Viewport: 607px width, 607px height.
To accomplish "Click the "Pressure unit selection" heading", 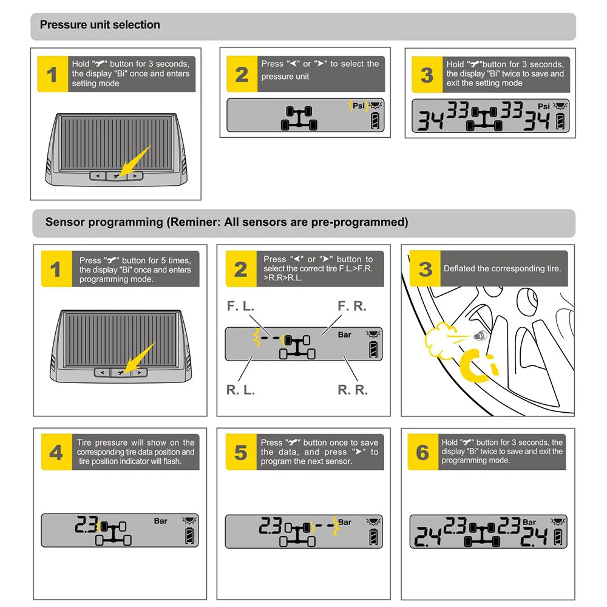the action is (100, 25).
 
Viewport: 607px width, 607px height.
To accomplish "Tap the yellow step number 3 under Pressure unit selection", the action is (427, 75).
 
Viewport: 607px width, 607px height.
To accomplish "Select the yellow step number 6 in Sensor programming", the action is (422, 452).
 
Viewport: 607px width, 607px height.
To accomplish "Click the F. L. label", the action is (240, 306).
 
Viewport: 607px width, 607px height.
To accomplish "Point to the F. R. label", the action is (352, 306).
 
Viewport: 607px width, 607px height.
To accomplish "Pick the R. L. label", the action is (240, 390).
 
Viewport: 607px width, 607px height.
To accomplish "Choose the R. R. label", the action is (353, 390).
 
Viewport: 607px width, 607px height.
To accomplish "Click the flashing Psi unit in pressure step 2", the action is (359, 106).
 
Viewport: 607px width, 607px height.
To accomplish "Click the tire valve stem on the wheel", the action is (480, 336).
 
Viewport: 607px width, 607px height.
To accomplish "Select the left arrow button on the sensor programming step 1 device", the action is (103, 373).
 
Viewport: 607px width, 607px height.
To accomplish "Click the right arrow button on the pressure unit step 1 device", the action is (135, 176).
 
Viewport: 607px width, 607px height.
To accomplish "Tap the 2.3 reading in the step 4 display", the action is (86, 524).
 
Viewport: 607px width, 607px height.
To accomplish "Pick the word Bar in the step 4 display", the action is (161, 521).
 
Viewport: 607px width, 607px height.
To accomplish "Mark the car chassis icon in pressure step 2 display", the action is (299, 118).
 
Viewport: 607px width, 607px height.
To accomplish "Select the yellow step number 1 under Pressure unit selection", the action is (52, 74).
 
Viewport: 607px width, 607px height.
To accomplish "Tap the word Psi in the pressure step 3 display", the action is (543, 106).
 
